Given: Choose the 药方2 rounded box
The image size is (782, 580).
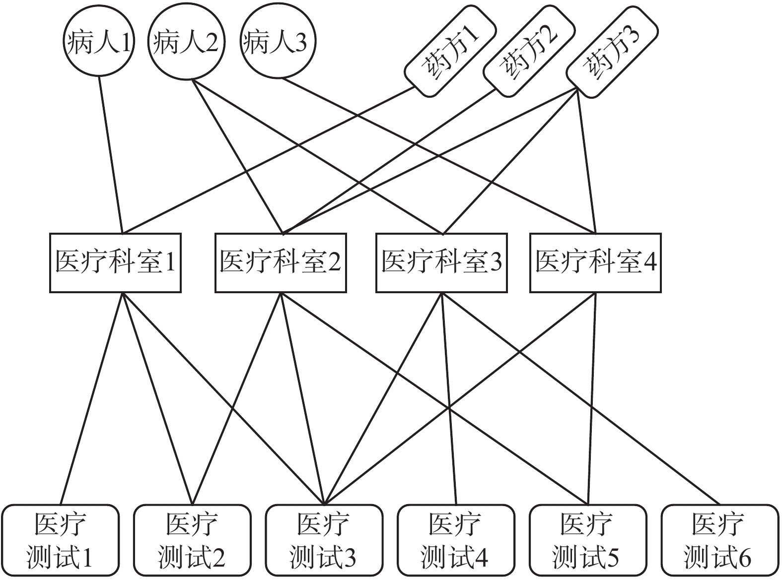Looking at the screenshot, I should point(529,50).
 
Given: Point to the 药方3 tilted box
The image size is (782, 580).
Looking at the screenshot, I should point(612,50).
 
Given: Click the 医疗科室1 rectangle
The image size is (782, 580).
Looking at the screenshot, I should point(115,262).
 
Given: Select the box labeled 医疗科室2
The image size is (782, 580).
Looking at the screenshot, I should point(281,262).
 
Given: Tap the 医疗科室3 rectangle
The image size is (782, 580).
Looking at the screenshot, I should point(441,262).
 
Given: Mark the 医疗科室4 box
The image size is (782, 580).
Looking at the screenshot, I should point(595,262).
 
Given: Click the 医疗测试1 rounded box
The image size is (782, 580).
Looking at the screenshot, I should point(61,540).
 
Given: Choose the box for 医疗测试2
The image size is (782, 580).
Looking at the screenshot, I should point(192,540).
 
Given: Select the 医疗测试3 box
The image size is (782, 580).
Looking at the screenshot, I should point(324,540).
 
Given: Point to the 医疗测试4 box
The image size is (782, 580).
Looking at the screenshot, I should point(455,540).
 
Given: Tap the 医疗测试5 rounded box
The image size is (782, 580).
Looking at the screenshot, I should point(587,540).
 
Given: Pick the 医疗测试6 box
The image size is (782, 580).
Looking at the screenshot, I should point(719,540).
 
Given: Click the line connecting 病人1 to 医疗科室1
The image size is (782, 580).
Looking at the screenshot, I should point(111,154).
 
